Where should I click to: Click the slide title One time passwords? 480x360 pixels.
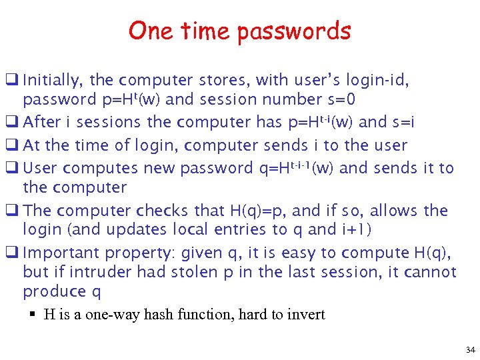coord(239,31)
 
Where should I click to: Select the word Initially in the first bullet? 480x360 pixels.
coord(52,81)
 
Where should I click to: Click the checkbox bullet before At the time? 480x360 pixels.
coord(13,145)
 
